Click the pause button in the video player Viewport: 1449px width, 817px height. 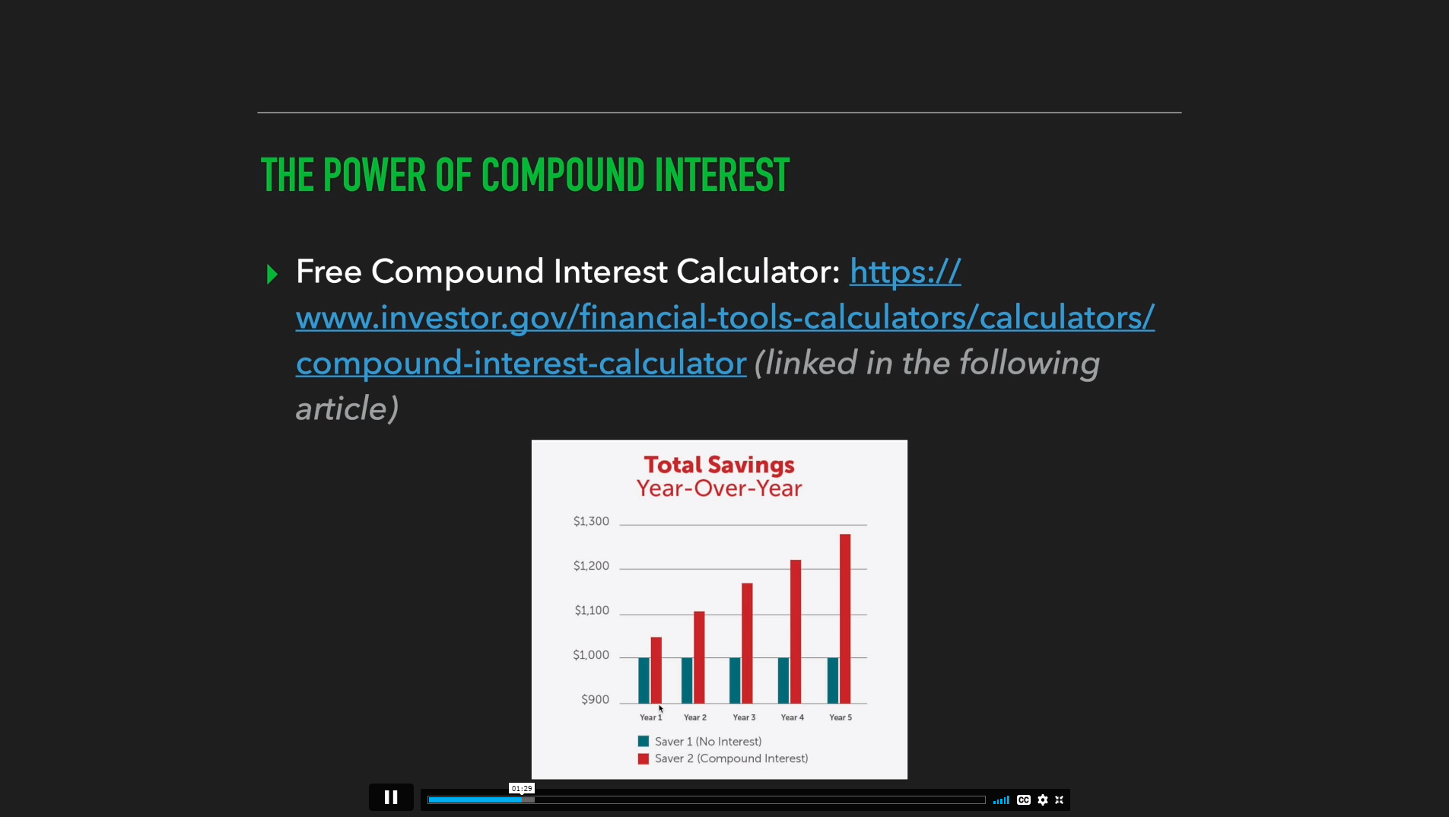pyautogui.click(x=391, y=797)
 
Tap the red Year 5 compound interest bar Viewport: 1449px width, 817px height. pyautogui.click(x=845, y=618)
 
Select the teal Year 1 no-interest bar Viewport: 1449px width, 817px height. pyautogui.click(x=644, y=680)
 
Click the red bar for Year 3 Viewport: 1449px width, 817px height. pyautogui.click(x=747, y=643)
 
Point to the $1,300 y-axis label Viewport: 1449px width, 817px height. pyautogui.click(x=591, y=521)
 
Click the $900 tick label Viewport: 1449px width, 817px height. pyautogui.click(x=595, y=699)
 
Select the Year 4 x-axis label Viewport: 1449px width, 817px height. pyautogui.click(x=792, y=717)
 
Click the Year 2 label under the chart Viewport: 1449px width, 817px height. pyautogui.click(x=695, y=717)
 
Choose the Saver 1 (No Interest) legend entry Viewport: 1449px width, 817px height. pyautogui.click(x=700, y=742)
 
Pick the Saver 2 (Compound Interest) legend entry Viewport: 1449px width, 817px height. pyautogui.click(x=723, y=758)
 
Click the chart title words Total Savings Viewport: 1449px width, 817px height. pyautogui.click(x=719, y=465)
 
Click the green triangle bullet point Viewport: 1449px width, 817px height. pyautogui.click(x=272, y=274)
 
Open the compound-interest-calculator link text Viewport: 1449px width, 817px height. pyautogui.click(x=521, y=363)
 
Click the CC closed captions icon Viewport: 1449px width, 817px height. pyautogui.click(x=1024, y=800)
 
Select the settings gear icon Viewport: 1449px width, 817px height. pyautogui.click(x=1043, y=800)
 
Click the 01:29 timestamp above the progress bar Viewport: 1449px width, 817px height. pyautogui.click(x=522, y=788)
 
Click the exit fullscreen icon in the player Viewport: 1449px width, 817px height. pyautogui.click(x=1059, y=800)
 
